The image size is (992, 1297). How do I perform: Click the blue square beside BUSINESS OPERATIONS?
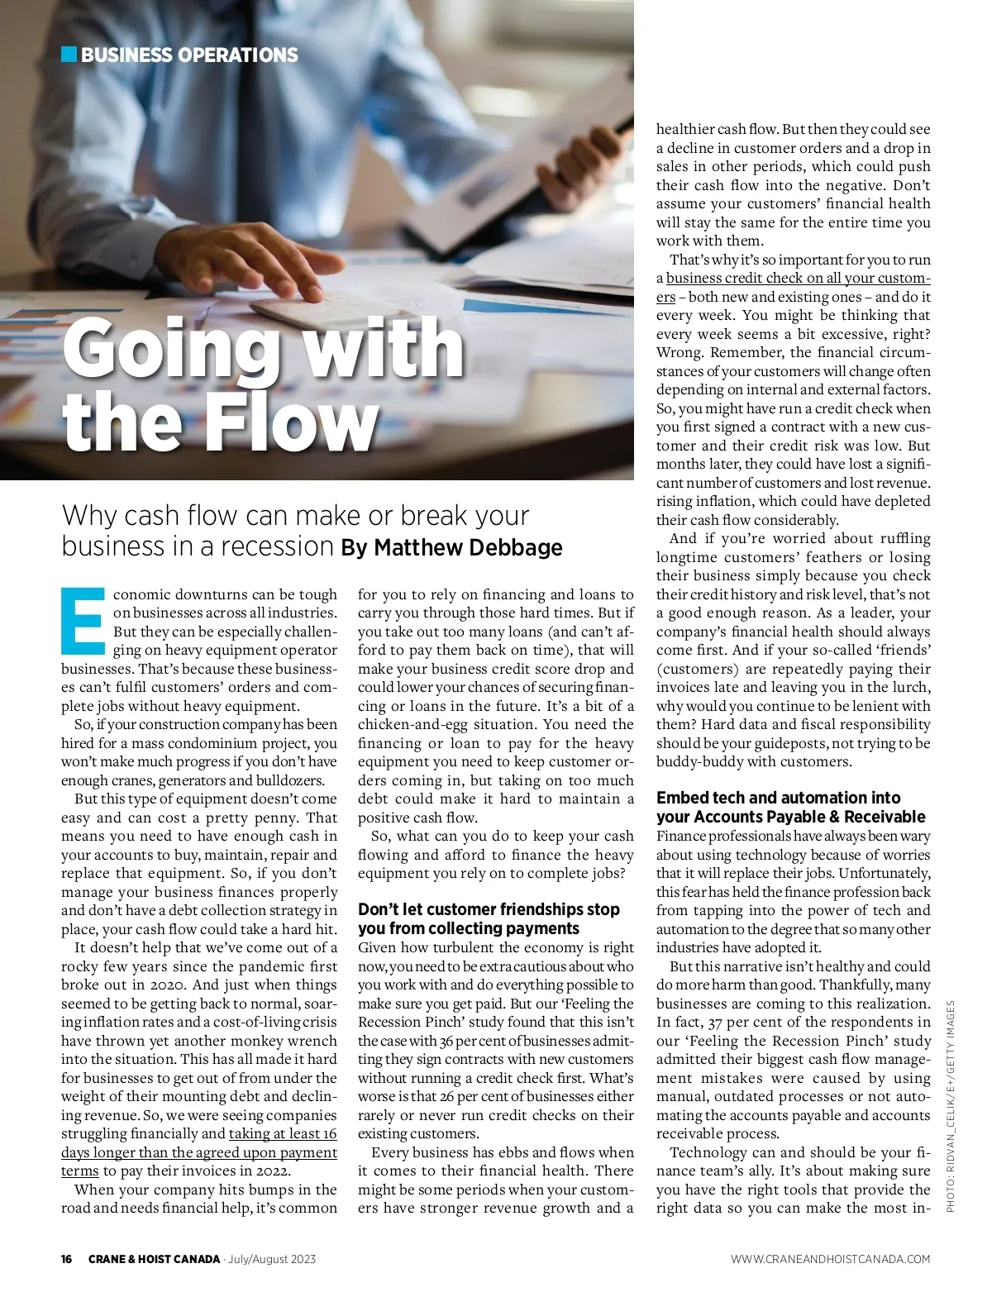pos(69,55)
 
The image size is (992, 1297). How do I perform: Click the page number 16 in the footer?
pos(67,1259)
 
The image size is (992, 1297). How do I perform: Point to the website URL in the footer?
pos(830,1259)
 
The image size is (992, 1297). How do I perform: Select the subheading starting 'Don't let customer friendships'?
pos(489,918)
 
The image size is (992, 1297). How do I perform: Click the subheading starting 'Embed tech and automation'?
pos(790,807)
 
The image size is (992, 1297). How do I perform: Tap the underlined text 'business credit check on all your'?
pos(798,278)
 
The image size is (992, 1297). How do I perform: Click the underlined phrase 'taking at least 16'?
pos(283,1133)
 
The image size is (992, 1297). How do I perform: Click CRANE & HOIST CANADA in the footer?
pos(154,1259)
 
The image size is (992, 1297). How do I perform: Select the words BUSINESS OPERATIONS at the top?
pos(189,55)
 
